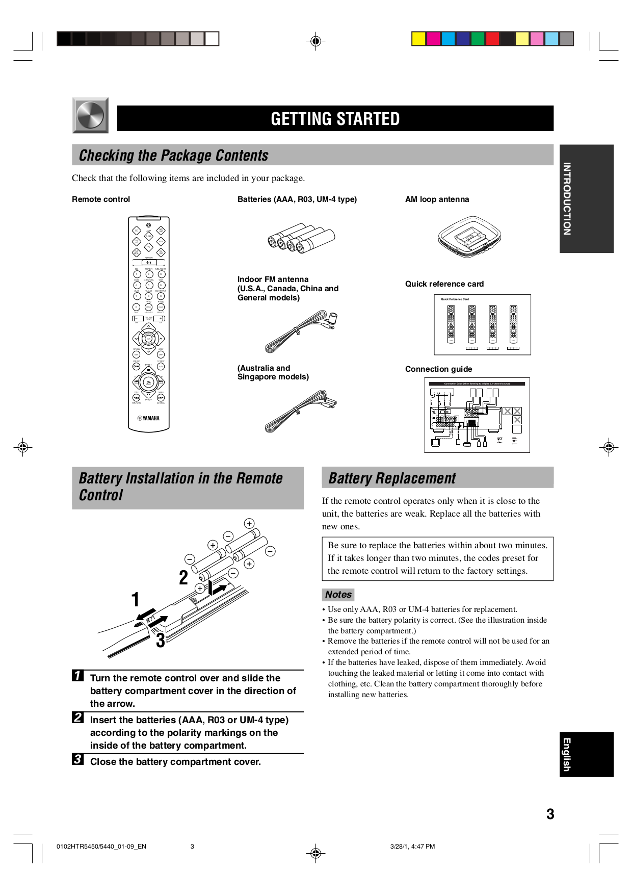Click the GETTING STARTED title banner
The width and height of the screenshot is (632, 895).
[x=335, y=118]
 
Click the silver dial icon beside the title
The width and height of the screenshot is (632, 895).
[x=90, y=115]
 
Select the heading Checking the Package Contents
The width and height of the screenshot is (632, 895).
[x=173, y=155]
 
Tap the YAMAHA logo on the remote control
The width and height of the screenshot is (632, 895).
[x=148, y=418]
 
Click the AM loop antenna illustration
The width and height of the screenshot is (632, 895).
[x=469, y=237]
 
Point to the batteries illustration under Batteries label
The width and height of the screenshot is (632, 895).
[x=301, y=238]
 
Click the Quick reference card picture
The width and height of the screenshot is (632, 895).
[x=482, y=324]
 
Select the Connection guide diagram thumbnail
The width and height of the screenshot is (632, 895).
[x=477, y=415]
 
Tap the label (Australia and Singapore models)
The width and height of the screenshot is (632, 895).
[x=273, y=372]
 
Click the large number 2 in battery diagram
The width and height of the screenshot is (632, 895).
[x=183, y=578]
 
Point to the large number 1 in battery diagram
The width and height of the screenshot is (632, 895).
[x=135, y=600]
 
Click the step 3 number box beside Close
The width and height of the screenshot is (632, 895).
[x=77, y=759]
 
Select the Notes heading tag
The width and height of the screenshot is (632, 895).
[x=338, y=595]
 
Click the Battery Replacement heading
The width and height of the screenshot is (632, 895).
[x=391, y=478]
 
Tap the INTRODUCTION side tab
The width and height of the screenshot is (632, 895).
[x=586, y=199]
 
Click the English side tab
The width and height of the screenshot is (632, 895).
[x=586, y=754]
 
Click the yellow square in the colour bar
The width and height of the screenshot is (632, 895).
[x=418, y=39]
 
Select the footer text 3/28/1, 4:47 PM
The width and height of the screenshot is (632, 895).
[x=412, y=847]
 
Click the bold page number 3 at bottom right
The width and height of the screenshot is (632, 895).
[x=550, y=814]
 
